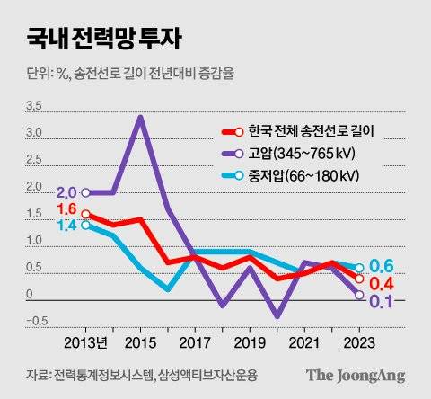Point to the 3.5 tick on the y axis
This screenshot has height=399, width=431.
click(x=33, y=106)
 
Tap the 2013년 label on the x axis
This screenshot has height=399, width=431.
click(x=86, y=343)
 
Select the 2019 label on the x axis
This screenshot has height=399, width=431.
click(x=250, y=343)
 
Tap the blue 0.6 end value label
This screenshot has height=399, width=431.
click(x=384, y=267)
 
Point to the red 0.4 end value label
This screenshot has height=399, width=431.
click(x=384, y=283)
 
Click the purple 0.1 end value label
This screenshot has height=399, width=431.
click(x=384, y=301)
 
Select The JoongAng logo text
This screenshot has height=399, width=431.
click(x=355, y=375)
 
